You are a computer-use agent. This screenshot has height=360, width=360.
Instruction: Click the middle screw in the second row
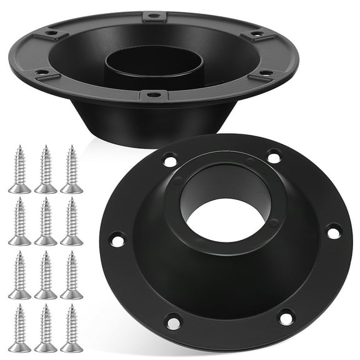(x=46, y=222)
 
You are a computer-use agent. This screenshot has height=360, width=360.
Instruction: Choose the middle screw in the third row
(x=46, y=275)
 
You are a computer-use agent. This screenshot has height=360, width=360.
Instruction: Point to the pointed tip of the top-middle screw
(x=46, y=148)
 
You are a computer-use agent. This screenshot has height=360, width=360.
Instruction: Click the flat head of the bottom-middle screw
(x=46, y=347)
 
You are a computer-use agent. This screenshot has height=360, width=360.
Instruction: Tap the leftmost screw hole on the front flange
(x=116, y=239)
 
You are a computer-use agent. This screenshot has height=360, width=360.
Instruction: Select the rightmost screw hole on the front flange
(x=333, y=232)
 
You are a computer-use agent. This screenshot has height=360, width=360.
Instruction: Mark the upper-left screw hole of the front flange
(x=169, y=161)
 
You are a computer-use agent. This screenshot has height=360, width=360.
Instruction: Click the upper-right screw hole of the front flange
(x=273, y=156)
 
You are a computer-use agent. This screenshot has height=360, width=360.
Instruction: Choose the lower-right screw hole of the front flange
(x=286, y=317)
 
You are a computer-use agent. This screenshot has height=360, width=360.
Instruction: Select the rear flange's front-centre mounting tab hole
(x=154, y=95)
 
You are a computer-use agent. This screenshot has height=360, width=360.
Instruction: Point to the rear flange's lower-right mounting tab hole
(x=265, y=74)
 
